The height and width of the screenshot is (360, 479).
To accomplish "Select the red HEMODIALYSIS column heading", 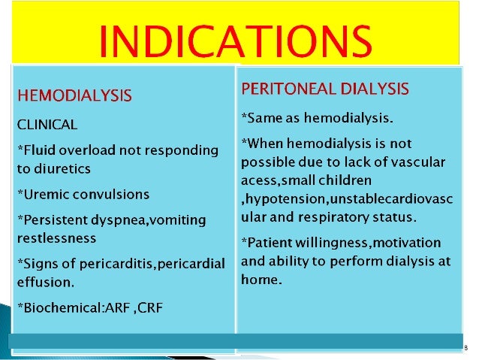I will click(x=74, y=95).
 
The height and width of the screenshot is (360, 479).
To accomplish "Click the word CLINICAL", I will click(x=47, y=122).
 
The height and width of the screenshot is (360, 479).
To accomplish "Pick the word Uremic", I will click(x=41, y=194).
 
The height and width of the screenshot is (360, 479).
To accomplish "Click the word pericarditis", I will click(x=108, y=263).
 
